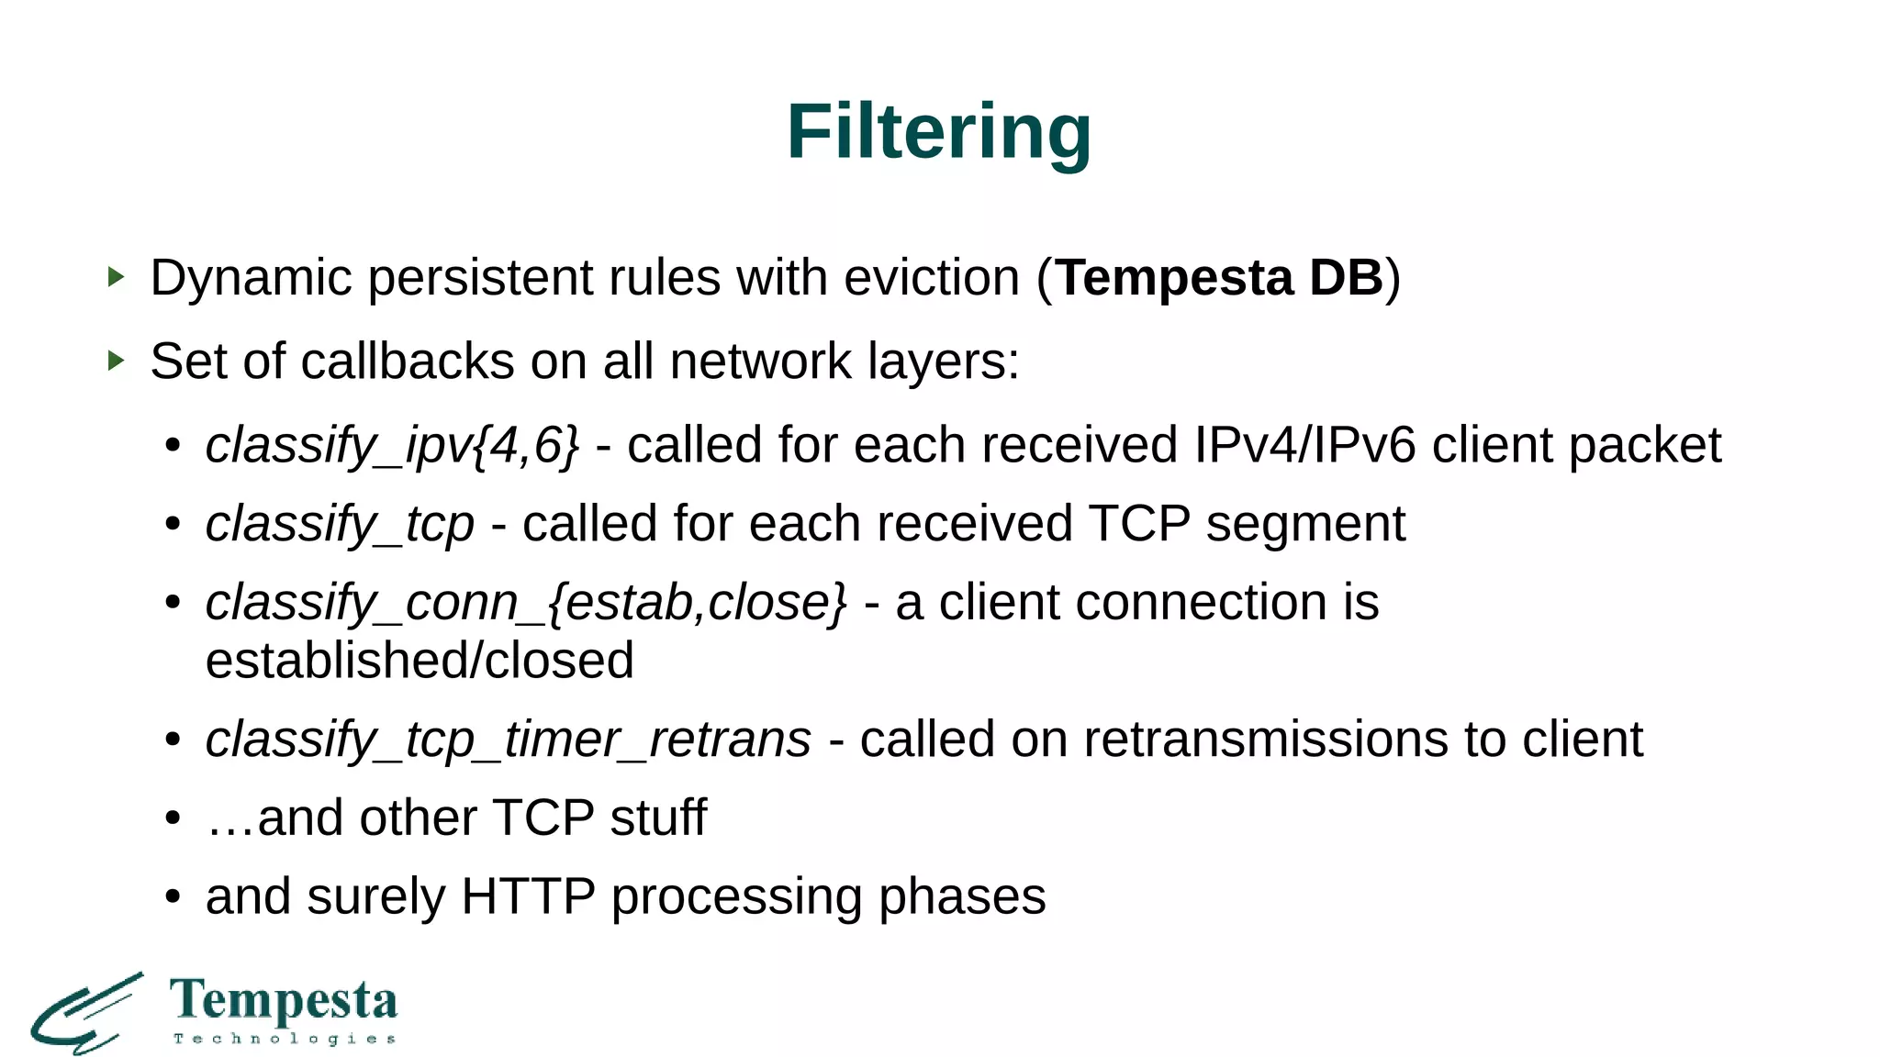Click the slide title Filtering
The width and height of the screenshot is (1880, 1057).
938,132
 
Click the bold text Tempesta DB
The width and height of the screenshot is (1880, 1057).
1218,277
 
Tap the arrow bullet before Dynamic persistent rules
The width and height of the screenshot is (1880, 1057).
116,276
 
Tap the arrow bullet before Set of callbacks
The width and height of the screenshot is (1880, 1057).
116,360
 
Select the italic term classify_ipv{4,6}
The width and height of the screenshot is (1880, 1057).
392,446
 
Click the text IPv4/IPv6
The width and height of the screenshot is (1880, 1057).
1304,445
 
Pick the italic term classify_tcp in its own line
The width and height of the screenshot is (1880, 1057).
340,525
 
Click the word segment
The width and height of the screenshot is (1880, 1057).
1304,524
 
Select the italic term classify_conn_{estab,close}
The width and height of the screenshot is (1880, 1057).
525,604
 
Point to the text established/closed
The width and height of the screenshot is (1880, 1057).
420,661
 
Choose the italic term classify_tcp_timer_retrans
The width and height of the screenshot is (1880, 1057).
508,740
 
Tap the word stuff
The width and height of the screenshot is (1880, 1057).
658,818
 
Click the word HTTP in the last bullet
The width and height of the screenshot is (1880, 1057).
528,896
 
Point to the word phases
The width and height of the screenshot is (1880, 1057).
962,897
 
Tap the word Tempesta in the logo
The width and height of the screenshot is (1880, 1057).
284,1000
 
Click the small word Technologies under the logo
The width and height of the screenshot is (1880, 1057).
285,1039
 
